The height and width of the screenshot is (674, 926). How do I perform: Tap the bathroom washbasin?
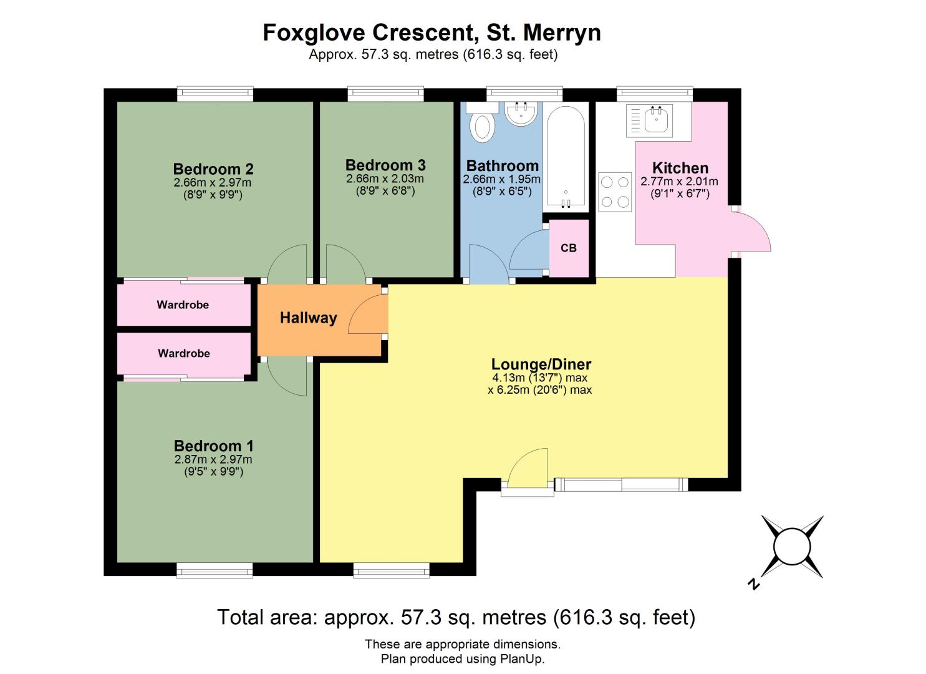coord(521,113)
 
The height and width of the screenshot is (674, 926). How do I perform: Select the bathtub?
coord(566,157)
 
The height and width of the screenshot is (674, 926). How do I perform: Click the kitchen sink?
coord(649,120)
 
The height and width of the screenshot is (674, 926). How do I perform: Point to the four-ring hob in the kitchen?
coord(615,192)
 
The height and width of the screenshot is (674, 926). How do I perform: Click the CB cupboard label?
coord(569,248)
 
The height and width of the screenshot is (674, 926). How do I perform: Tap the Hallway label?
coord(309,318)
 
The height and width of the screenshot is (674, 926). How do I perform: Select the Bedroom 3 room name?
coord(385,165)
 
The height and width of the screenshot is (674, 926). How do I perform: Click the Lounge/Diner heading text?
coord(541,364)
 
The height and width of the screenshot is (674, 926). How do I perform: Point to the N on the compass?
coord(754,584)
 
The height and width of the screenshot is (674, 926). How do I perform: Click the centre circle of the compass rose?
coord(792,547)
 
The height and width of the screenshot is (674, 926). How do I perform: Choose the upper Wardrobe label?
coord(183,305)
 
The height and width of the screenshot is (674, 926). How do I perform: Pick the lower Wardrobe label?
coord(184,353)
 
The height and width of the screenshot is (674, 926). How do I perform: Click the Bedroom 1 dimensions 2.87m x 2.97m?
coord(213,459)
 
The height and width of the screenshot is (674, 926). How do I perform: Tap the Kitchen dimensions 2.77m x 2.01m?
coord(679,181)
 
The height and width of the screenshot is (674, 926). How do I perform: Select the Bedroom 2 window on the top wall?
coord(215,94)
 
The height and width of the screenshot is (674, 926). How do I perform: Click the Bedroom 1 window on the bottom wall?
coord(215,570)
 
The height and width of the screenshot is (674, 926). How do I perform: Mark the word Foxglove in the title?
coord(315,33)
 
